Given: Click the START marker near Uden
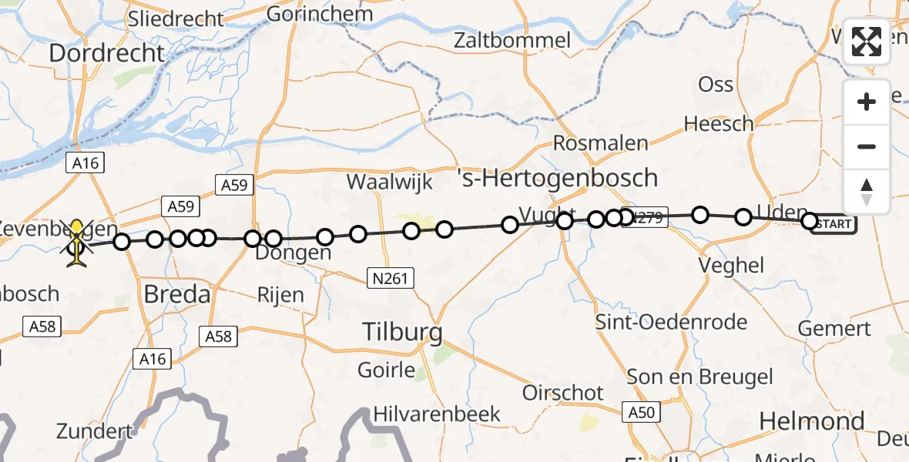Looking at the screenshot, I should (833, 224).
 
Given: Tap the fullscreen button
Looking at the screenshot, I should (867, 42).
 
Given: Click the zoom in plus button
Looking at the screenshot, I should (867, 102).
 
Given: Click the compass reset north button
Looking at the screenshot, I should (867, 192).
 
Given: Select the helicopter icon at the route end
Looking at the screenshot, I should (78, 243).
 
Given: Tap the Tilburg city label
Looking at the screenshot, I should (403, 332).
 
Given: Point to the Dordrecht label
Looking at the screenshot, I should (107, 53).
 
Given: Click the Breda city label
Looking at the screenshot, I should (177, 294).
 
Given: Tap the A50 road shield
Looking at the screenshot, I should (641, 413).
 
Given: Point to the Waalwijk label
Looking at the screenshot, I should (389, 182).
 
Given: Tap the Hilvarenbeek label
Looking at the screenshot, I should (437, 413).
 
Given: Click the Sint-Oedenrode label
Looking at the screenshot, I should (671, 321).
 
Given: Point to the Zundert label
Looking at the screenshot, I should (94, 430).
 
